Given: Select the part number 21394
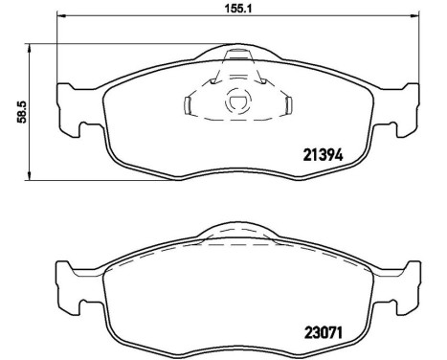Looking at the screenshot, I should pyautogui.click(x=324, y=152).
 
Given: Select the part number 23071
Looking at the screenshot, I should pyautogui.click(x=324, y=335).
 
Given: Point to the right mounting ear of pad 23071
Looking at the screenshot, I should pyautogui.click(x=403, y=284).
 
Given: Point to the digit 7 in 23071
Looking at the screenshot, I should pyautogui.click(x=330, y=335).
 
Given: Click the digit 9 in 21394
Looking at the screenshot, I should pyautogui.click(x=330, y=152).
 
